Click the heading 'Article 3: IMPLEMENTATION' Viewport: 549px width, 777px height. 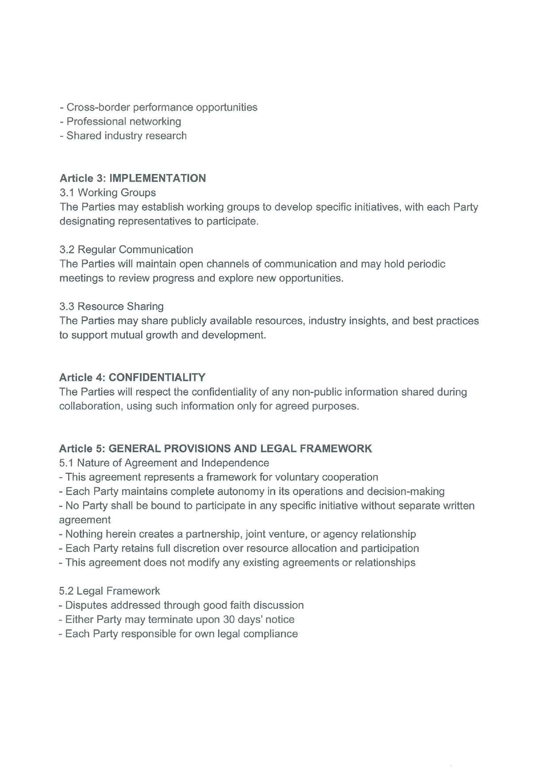[x=133, y=178]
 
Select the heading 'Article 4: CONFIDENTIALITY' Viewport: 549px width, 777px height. [x=132, y=378]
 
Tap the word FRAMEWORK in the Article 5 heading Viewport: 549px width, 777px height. [x=336, y=449]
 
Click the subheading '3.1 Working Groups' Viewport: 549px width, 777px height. [x=107, y=193]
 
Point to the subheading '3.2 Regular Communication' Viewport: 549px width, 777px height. [x=126, y=250]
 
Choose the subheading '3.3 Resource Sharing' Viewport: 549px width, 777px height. [x=111, y=306]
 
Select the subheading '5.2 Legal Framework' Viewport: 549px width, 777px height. [x=109, y=591]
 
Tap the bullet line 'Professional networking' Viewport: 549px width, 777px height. [x=123, y=121]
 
